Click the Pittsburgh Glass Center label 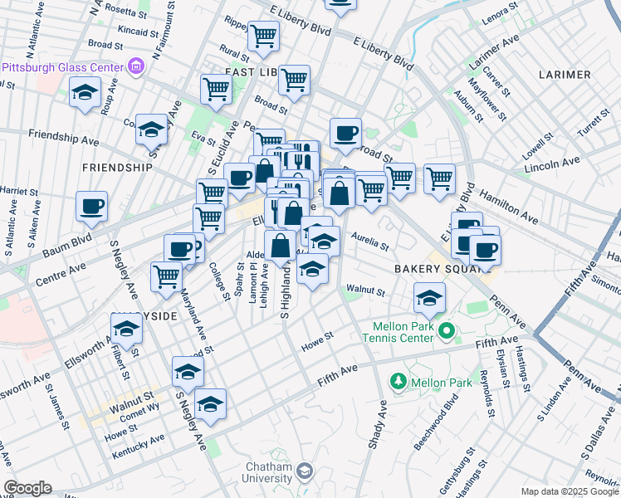(x=63, y=66)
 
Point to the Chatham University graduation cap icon (x=305, y=471)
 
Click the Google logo (x=27, y=488)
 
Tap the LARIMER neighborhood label (x=564, y=75)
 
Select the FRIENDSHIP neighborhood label (x=117, y=167)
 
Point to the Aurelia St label (x=370, y=242)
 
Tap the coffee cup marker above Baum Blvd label (x=91, y=207)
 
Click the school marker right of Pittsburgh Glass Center (x=85, y=92)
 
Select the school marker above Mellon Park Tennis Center (x=428, y=297)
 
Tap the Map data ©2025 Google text (x=570, y=491)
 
